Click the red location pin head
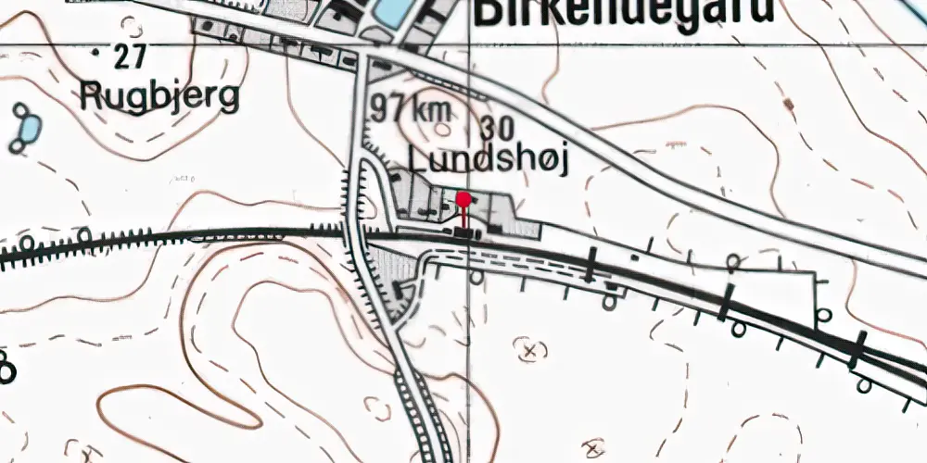pos(463,197)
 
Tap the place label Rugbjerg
pos(159,96)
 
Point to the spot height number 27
pos(130,57)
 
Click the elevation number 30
pos(498,127)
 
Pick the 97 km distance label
pos(411,109)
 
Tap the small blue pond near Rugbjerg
pos(29,125)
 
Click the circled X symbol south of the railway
pos(530,350)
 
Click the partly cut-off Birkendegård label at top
pos(622,11)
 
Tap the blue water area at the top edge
pos(390,11)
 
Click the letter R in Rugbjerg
pos(90,94)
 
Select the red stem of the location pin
pos(463,217)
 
